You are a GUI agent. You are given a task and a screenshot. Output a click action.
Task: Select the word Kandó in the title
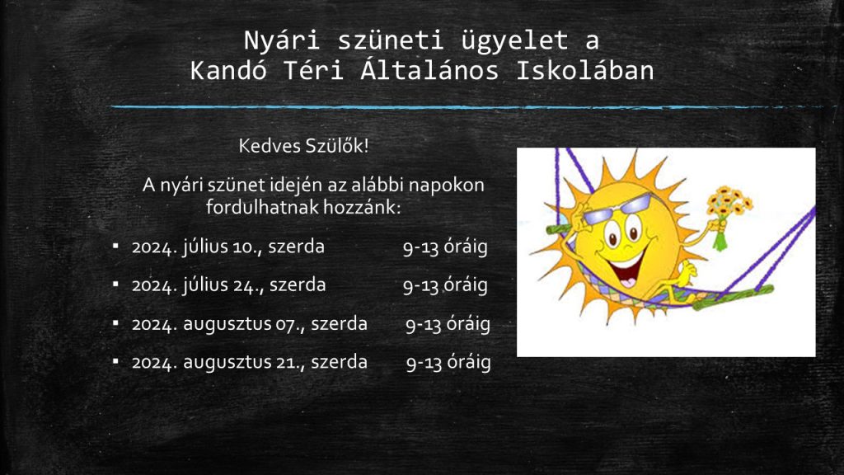pyautogui.click(x=228, y=71)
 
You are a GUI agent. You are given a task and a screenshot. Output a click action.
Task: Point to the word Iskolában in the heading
pyautogui.click(x=585, y=71)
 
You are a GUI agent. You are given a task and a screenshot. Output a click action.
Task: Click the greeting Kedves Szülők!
pyautogui.click(x=303, y=146)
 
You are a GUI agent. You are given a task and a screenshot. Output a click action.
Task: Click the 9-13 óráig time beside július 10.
pyautogui.click(x=445, y=247)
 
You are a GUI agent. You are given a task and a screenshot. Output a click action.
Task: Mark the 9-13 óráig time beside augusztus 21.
pyautogui.click(x=448, y=363)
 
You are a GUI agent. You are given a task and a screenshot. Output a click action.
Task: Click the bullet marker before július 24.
pyautogui.click(x=115, y=284)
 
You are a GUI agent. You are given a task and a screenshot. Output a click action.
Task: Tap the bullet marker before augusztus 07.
pyautogui.click(x=115, y=322)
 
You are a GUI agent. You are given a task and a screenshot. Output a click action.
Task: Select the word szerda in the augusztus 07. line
pyautogui.click(x=339, y=324)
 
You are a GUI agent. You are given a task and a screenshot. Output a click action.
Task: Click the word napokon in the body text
pyautogui.click(x=446, y=186)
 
